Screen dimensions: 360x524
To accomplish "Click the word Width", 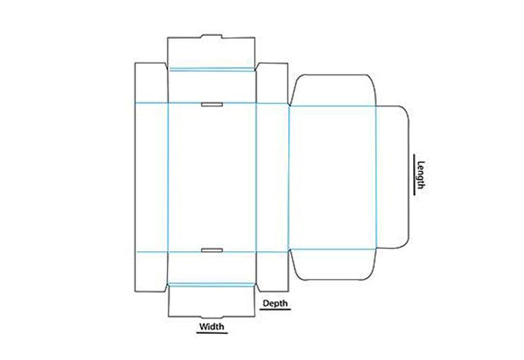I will coord(212,326).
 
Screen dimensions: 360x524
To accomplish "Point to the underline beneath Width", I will coord(212,333).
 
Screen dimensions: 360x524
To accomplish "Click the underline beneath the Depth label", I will coord(276,309).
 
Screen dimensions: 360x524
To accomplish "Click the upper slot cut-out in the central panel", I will coord(212,105).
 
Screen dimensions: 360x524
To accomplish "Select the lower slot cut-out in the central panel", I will coord(212,250).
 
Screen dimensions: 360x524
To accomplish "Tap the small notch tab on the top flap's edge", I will coord(212,36).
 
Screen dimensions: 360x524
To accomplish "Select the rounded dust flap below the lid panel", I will coord(332,264).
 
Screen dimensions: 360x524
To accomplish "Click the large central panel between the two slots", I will coord(212,177).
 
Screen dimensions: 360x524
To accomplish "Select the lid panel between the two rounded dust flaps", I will coord(332,177).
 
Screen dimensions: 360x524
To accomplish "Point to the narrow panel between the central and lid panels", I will coord(272,177).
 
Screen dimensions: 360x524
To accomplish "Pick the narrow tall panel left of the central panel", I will coord(151,177).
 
